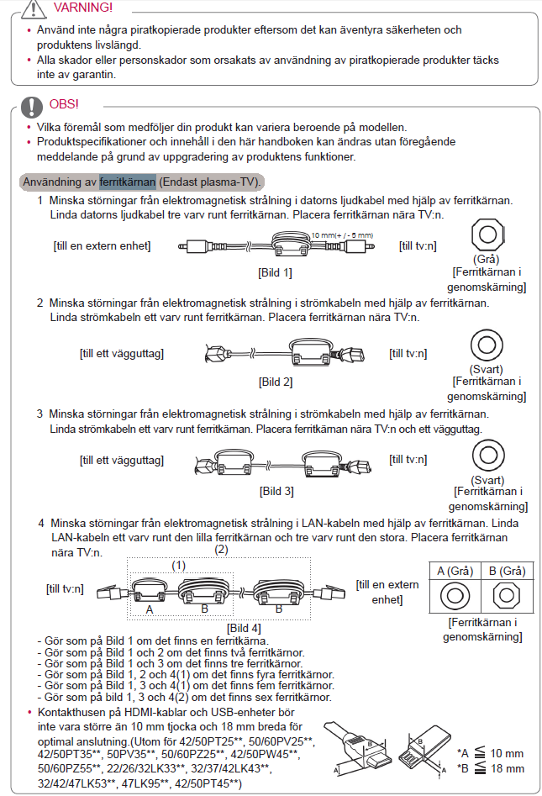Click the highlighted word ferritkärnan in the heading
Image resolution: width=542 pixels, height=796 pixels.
pos(127,182)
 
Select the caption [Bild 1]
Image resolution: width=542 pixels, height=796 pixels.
pos(276,273)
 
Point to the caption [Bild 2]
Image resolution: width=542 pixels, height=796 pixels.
pos(276,382)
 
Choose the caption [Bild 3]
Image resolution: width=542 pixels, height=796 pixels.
pos(276,491)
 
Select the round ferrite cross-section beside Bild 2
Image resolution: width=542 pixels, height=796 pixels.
pos(487,343)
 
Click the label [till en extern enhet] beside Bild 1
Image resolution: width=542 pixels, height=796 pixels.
pos(102,245)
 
